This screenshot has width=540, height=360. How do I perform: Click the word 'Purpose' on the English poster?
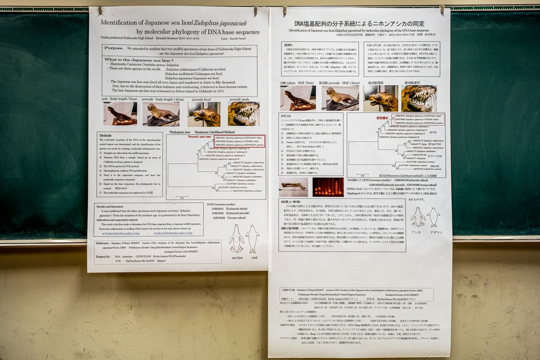pyautogui.click(x=114, y=48)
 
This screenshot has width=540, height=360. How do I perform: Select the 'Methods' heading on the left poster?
pyautogui.click(x=105, y=135)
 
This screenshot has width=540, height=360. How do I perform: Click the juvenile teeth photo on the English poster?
pyautogui.click(x=243, y=114)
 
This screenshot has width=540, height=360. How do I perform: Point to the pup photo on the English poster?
pyautogui.click(x=120, y=114)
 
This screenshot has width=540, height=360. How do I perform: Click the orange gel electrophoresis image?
pyautogui.click(x=328, y=187)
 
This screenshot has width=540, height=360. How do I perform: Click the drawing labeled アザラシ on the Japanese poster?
pyautogui.click(x=433, y=217)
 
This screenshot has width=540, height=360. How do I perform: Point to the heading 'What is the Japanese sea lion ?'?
pyautogui.click(x=133, y=60)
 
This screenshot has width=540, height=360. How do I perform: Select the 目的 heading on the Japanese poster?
pyautogui.click(x=288, y=44)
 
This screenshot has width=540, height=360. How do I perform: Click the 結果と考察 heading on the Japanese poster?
pyautogui.click(x=291, y=201)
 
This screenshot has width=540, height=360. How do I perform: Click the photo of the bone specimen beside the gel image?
pyautogui.click(x=294, y=186)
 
